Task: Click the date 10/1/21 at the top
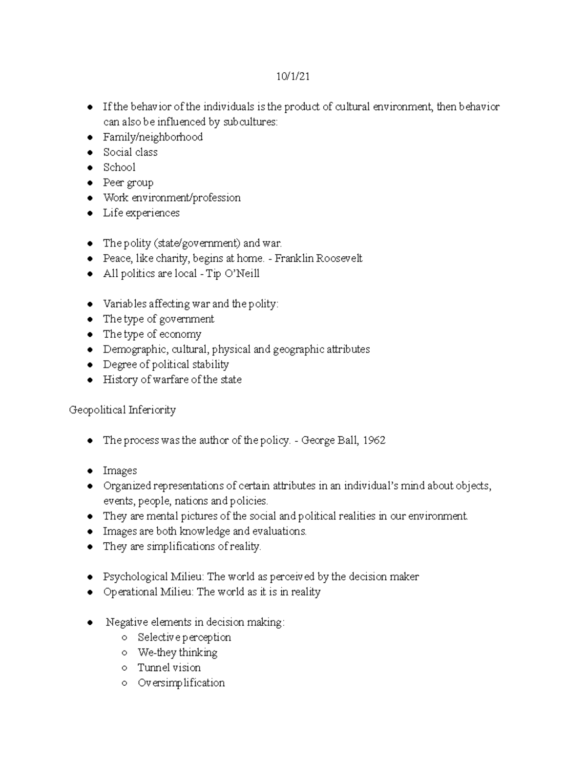[x=293, y=77]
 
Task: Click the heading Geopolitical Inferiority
[x=122, y=410]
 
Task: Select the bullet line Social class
[x=130, y=152]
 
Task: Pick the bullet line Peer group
[x=128, y=183]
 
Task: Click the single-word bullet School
[x=119, y=167]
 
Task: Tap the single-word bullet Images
[x=120, y=471]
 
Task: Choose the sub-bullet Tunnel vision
[x=169, y=668]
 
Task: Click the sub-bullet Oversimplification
[x=181, y=683]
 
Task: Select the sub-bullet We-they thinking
[x=177, y=653]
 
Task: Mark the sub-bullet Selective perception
[x=184, y=637]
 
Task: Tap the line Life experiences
[x=141, y=213]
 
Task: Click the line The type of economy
[x=152, y=334]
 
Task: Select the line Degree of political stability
[x=166, y=365]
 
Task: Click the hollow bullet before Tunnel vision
[x=126, y=668]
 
